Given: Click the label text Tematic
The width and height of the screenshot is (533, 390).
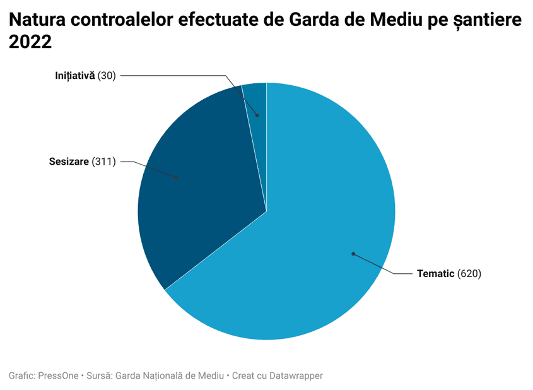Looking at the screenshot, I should (435, 274).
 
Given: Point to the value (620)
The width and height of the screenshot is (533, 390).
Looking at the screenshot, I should (469, 274).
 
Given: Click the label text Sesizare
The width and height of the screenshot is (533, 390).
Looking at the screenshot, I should (69, 162).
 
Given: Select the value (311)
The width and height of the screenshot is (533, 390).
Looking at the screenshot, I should (104, 162).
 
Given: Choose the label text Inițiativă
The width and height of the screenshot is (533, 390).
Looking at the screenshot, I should (74, 76).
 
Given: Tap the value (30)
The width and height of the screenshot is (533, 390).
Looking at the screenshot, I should (107, 76).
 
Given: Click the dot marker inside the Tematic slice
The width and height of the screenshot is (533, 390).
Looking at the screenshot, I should (353, 254).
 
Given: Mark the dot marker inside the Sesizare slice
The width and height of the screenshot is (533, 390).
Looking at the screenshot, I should (177, 178).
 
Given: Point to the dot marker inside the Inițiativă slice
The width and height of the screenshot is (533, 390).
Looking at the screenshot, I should (257, 115).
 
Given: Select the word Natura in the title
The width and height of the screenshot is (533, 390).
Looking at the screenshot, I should (38, 20).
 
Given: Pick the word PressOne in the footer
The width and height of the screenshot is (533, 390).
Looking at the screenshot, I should (59, 375).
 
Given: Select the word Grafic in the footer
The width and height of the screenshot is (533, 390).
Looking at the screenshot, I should (21, 375).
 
